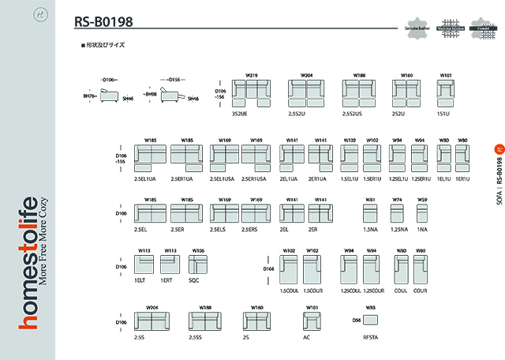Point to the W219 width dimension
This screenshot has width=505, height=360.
(x=252, y=75)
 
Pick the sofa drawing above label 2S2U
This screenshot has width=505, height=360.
(x=406, y=93)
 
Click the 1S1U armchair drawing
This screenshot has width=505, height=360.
(x=446, y=92)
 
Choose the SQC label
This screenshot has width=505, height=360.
(x=193, y=279)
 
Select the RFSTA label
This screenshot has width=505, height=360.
(x=370, y=337)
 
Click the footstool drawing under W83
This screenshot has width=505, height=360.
(x=370, y=320)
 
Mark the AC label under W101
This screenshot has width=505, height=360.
(x=308, y=337)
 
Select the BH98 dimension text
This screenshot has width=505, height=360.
(x=148, y=94)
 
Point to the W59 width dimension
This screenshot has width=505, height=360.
(x=422, y=200)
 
